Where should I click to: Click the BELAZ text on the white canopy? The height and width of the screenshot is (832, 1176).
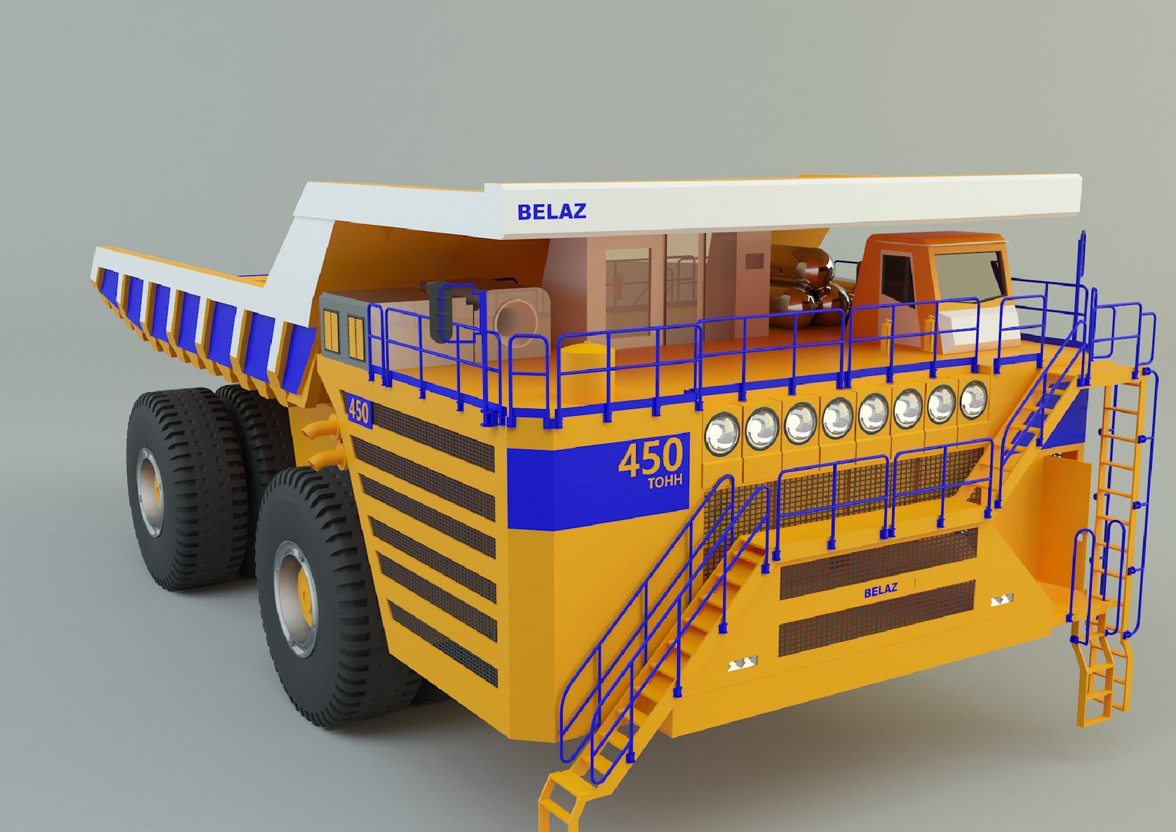pos(551,210)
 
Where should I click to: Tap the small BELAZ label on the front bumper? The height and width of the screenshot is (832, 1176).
pos(880,591)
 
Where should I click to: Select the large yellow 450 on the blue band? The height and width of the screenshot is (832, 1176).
pos(650,458)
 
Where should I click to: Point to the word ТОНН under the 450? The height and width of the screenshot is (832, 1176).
pos(664,483)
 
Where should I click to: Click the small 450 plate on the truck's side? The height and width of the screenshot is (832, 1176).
pos(358,411)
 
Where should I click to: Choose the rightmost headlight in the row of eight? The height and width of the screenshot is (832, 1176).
pos(973,399)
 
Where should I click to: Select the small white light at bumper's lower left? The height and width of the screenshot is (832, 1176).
pos(743,663)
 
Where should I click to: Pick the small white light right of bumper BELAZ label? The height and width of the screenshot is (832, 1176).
pos(1002,599)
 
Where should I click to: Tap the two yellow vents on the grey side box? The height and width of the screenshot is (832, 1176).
pos(343,337)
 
